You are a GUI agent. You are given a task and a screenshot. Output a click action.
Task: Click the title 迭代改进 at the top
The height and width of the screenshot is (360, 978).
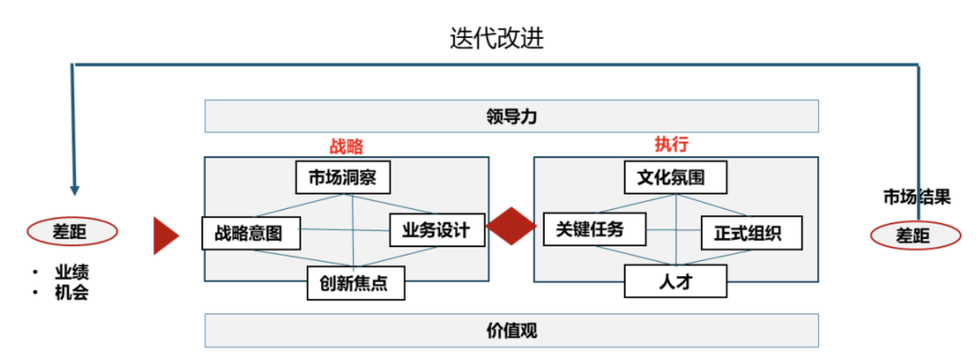click(497, 38)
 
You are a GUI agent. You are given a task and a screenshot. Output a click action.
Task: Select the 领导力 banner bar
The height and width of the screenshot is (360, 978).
click(511, 117)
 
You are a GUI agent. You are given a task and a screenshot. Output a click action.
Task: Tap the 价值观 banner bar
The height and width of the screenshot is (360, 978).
click(511, 331)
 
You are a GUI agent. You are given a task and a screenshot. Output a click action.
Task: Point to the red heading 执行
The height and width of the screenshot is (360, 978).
click(667, 144)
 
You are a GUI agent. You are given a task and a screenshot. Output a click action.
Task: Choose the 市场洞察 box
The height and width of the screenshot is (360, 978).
click(343, 178)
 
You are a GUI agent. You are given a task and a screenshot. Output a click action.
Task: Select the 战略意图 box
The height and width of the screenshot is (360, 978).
click(251, 232)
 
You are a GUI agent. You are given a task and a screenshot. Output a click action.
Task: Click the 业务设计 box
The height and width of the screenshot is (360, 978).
click(437, 229)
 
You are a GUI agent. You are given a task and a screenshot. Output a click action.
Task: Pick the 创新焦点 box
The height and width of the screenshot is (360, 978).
click(355, 283)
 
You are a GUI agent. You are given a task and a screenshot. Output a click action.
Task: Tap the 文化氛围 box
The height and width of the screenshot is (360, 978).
click(675, 178)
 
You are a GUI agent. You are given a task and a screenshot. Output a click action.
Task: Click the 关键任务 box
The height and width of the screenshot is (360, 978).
click(594, 229)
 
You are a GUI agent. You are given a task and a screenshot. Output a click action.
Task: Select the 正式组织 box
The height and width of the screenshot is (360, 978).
click(752, 233)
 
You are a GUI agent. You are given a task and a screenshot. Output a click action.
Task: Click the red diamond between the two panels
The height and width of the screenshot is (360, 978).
click(511, 227)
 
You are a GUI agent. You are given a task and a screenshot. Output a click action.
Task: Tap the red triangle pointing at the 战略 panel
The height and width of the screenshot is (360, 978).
click(165, 235)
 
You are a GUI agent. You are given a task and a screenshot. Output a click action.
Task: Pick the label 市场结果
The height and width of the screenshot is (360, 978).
click(917, 198)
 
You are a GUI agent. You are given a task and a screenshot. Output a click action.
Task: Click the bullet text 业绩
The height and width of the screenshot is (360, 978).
click(71, 273)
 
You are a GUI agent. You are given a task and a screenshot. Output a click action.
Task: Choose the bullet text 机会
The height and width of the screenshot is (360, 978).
click(71, 292)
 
